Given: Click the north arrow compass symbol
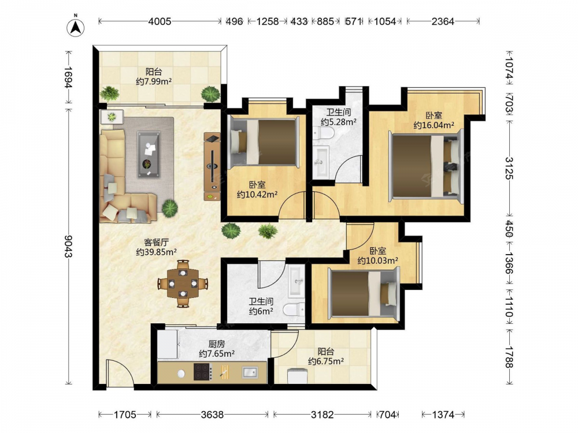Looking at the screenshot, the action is tap(75, 27).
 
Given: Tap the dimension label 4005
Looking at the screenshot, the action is tap(160, 21).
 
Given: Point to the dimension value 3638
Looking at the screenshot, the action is tap(212, 415).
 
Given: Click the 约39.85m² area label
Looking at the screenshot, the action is tap(156, 252).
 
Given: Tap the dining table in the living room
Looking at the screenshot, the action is tap(183, 283).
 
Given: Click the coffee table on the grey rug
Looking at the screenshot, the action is tap(149, 154).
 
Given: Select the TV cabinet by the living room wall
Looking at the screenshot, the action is tap(212, 166).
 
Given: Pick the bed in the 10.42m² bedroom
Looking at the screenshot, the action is tap(264, 142).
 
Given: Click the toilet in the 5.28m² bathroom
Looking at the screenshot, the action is tap(323, 133).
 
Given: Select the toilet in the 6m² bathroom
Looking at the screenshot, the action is tap(295, 309).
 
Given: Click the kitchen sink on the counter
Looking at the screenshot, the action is tap(250, 372).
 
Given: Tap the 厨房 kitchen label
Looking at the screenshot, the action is tap(216, 344).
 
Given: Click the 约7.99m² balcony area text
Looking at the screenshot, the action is tap(154, 81).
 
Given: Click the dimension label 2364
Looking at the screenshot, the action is tap(443, 21).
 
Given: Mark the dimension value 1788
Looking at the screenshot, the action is tap(509, 357).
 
